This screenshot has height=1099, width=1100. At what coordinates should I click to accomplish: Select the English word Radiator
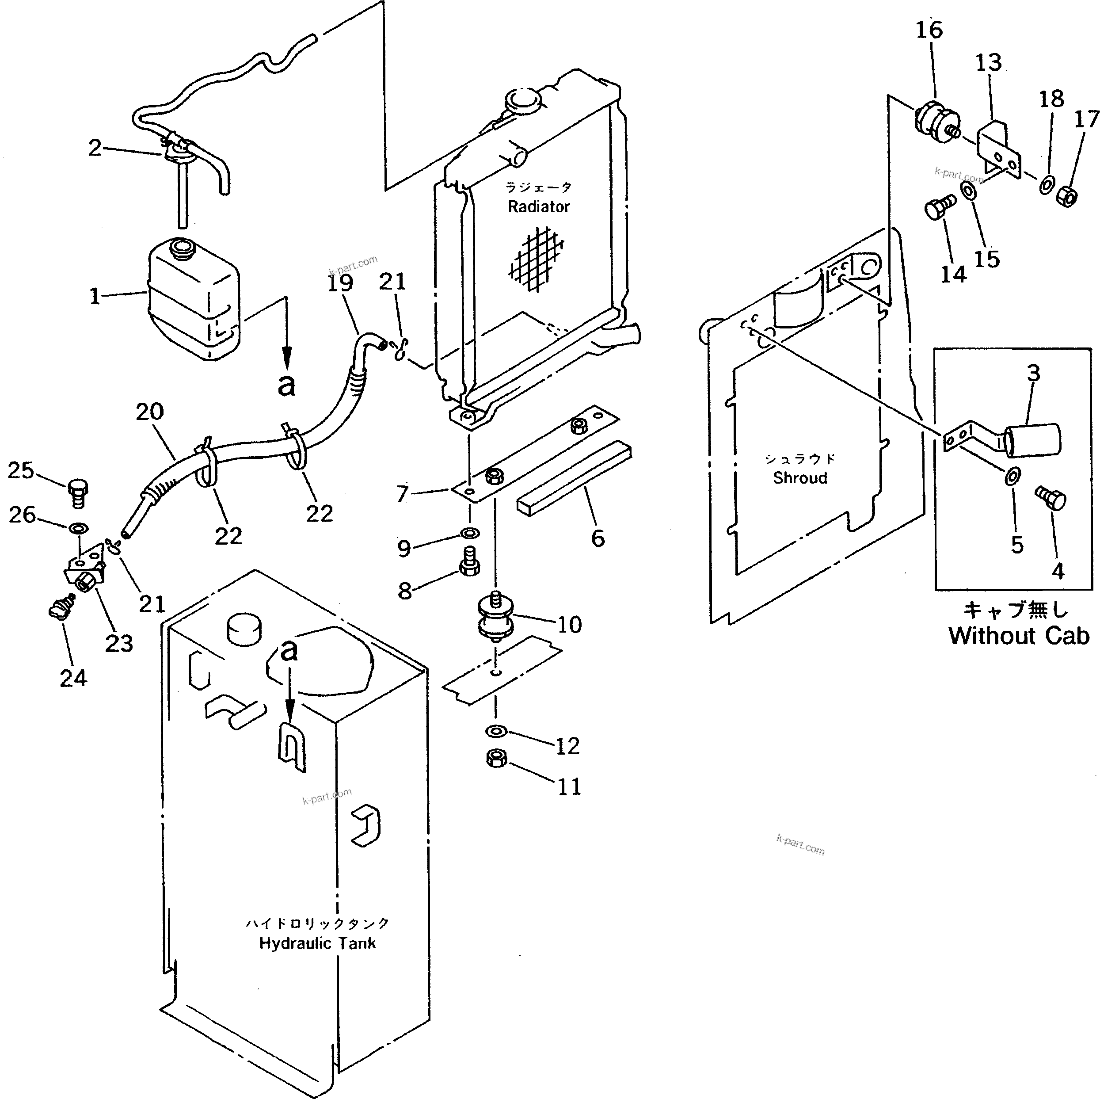(539, 207)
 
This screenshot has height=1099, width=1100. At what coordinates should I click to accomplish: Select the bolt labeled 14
(938, 208)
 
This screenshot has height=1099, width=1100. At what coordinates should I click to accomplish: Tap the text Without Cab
(1019, 636)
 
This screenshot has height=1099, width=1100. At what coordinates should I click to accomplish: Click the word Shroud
(800, 478)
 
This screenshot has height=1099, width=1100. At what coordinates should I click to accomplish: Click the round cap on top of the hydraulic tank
(245, 630)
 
